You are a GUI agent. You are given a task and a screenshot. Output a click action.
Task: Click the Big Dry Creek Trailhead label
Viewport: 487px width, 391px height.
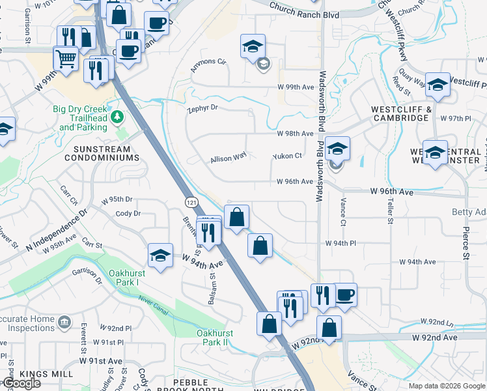(x=83, y=122)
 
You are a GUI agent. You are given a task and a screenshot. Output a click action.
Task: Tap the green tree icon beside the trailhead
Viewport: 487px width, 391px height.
(x=117, y=117)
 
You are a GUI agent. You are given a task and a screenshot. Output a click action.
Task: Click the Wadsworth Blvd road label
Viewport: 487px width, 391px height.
(x=321, y=137)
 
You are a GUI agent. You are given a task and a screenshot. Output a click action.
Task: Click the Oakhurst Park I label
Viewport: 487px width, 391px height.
(x=124, y=278)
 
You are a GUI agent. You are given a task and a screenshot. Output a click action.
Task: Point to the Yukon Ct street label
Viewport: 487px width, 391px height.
(x=287, y=156)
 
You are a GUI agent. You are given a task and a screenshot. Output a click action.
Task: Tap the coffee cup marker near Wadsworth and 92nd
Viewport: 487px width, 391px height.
(x=344, y=294)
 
